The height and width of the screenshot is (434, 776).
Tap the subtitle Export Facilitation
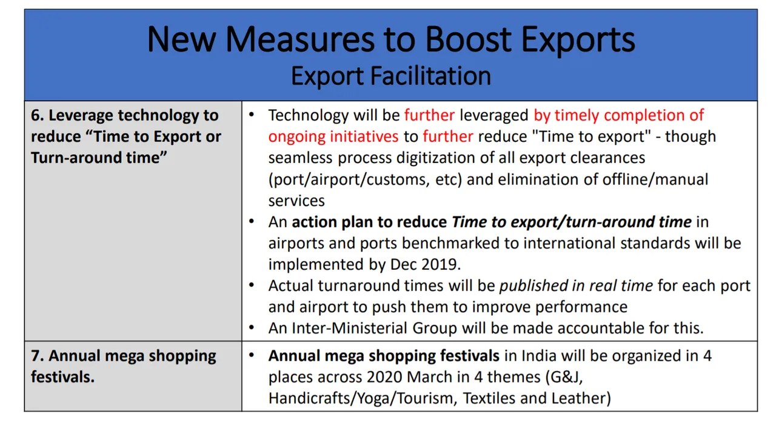(x=391, y=76)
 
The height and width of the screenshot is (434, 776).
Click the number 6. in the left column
(x=37, y=115)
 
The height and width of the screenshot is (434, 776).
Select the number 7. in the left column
(x=37, y=356)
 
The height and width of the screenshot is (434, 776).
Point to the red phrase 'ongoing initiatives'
(x=333, y=136)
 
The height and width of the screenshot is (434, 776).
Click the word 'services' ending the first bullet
(x=296, y=201)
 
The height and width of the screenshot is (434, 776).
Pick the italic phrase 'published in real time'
(x=576, y=286)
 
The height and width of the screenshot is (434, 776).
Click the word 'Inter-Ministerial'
(x=349, y=329)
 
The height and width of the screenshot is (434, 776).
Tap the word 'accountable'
(x=598, y=329)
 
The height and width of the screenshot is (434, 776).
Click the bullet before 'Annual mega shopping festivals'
(x=252, y=355)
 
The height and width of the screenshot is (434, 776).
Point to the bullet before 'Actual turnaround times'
(x=252, y=285)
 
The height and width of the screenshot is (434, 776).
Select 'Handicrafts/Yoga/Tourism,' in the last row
(x=363, y=399)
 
